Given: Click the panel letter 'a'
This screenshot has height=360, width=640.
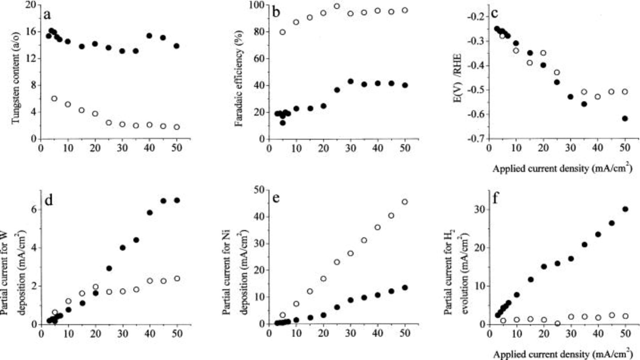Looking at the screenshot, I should [x=47, y=15].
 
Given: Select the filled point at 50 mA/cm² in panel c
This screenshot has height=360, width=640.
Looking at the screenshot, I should [x=625, y=118].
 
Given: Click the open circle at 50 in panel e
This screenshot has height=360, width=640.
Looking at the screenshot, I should [x=405, y=202].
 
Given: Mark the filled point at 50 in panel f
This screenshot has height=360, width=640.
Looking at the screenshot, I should [x=625, y=209].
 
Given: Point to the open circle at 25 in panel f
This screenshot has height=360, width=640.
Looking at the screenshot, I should [x=557, y=323].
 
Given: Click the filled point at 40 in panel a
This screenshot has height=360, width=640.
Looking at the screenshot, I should [x=149, y=36].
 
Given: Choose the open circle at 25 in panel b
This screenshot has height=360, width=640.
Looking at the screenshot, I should [x=337, y=6].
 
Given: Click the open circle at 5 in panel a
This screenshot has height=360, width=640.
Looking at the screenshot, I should [x=54, y=99].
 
